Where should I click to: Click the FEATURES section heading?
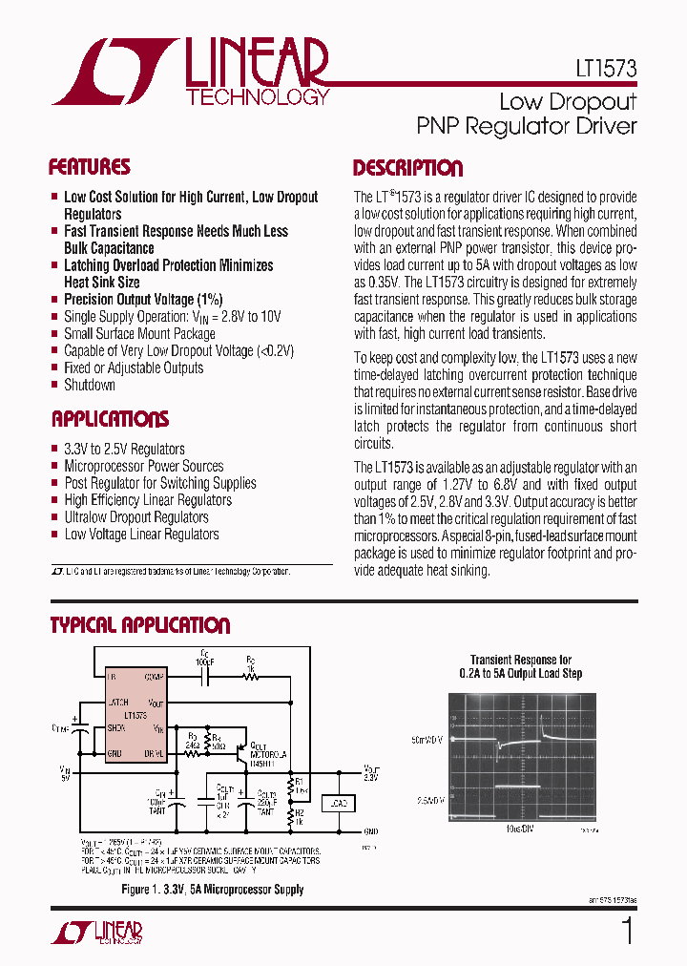pyautogui.click(x=90, y=167)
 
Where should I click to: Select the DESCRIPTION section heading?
pyautogui.click(x=407, y=169)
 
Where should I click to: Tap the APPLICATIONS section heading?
pyautogui.click(x=110, y=419)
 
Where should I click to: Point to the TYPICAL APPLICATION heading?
pyautogui.click(x=140, y=626)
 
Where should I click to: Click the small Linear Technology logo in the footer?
pyautogui.click(x=95, y=932)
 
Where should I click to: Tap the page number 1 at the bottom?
pyautogui.click(x=627, y=932)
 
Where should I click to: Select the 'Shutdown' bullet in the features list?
pyautogui.click(x=90, y=385)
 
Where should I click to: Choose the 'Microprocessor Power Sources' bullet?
pyautogui.click(x=143, y=466)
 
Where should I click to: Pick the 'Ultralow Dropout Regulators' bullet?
pyautogui.click(x=135, y=517)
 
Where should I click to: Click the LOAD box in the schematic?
pyautogui.click(x=338, y=804)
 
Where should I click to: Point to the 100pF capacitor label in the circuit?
pyautogui.click(x=203, y=661)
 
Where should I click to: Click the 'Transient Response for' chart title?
pyautogui.click(x=521, y=661)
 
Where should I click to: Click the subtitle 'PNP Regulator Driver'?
pyautogui.click(x=527, y=125)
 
